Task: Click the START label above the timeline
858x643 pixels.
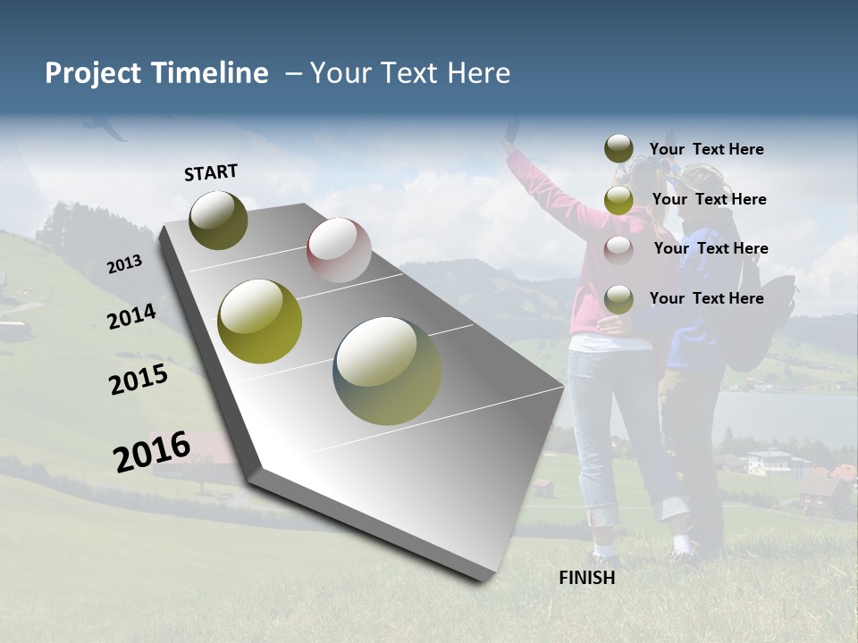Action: point(211,172)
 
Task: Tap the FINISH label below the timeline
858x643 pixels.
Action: point(586,578)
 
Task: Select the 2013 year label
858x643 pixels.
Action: point(124,264)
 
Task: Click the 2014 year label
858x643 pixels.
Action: point(131,316)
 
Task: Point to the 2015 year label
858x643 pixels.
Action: point(138,380)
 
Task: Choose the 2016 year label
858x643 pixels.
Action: point(152,451)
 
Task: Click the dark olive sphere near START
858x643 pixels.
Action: point(218,220)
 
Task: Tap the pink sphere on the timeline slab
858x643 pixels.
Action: point(339,250)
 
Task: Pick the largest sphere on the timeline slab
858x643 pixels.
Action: point(387,370)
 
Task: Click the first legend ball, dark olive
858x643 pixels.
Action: point(618,149)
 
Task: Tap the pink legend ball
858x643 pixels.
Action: point(618,249)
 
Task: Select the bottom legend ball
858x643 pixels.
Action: point(618,299)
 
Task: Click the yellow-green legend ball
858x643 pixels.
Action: point(618,200)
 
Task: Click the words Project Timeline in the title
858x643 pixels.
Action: point(156,73)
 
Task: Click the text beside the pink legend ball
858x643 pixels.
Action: point(711,248)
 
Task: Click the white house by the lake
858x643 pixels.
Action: point(768,462)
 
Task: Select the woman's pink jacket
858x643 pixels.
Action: point(590,268)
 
